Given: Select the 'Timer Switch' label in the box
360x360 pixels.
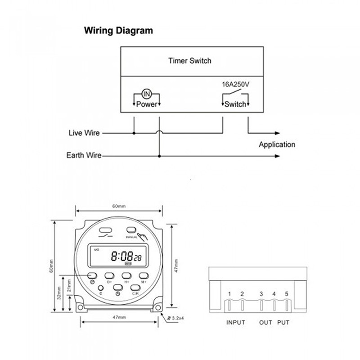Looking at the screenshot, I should [189, 60].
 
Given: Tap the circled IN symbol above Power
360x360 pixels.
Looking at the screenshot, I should [146, 94].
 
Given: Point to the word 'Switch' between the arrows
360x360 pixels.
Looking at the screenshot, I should [235, 104].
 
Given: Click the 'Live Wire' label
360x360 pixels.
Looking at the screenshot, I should [84, 133].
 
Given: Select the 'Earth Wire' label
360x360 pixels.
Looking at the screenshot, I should [84, 156].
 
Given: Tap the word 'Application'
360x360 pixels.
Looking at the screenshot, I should [277, 144].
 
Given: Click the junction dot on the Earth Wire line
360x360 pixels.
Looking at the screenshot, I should [159, 156].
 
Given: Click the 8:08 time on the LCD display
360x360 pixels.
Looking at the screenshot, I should [121, 256].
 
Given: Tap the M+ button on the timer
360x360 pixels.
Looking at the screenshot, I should [144, 275].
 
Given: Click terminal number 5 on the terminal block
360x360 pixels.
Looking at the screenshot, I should [287, 294].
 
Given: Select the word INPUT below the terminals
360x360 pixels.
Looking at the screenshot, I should [235, 323].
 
